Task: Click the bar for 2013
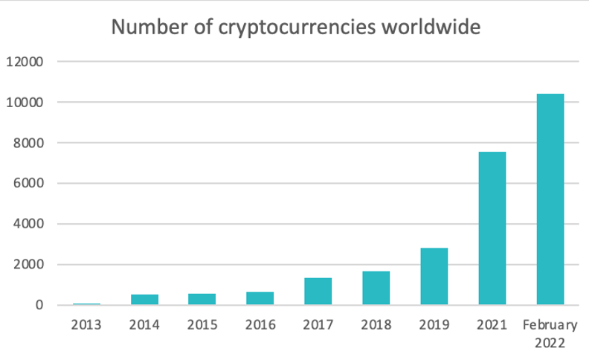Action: tap(86, 303)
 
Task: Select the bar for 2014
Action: tap(144, 300)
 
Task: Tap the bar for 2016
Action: tap(260, 298)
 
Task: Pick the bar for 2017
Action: tap(318, 292)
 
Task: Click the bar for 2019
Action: tap(434, 277)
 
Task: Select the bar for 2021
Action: tap(492, 228)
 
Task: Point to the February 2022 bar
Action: tap(550, 199)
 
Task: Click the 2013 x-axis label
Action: tap(86, 324)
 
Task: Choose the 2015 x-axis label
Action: tap(202, 324)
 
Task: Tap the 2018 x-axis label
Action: tap(376, 324)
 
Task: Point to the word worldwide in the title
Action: tap(431, 28)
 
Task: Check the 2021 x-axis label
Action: tap(492, 324)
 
